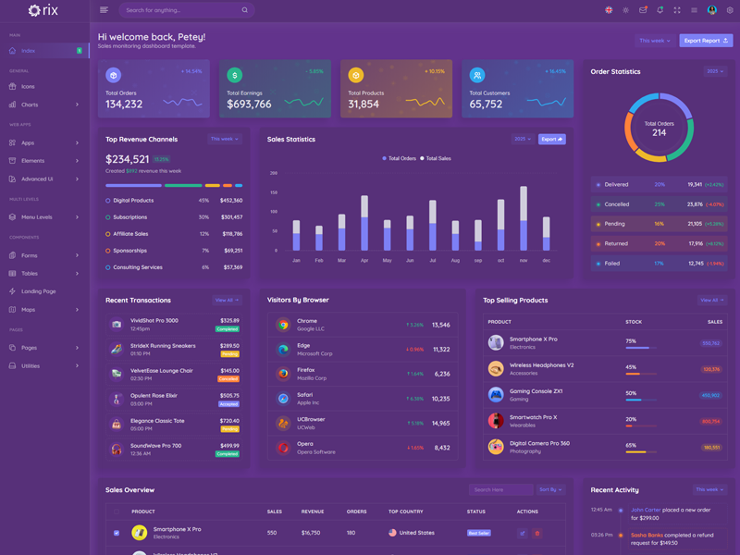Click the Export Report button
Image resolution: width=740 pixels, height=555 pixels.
click(706, 41)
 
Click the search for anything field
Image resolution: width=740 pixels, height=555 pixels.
click(180, 10)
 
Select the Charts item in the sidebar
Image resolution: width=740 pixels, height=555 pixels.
click(30, 105)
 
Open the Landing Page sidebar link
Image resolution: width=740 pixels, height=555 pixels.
click(39, 291)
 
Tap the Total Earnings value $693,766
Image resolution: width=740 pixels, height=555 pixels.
click(249, 105)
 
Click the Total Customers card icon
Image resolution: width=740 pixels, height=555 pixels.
click(477, 75)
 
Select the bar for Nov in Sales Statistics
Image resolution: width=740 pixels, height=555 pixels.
click(524, 218)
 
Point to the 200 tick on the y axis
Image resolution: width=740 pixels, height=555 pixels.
click(274, 173)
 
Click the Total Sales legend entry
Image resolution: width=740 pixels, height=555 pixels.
click(436, 158)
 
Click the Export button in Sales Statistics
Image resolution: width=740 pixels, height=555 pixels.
click(551, 140)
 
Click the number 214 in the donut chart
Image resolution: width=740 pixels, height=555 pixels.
click(659, 133)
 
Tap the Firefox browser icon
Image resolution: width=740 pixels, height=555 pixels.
click(283, 374)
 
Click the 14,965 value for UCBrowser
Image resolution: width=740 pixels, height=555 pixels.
click(440, 424)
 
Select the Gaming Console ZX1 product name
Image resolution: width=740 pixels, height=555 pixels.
click(536, 390)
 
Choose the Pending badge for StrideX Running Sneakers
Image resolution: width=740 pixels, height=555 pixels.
click(229, 353)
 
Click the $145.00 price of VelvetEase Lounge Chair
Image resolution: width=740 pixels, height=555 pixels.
click(229, 370)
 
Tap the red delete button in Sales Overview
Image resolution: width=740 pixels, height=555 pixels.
click(537, 533)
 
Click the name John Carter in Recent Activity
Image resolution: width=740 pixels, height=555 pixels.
click(646, 510)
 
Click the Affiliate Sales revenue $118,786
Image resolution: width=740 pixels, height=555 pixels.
click(232, 234)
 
